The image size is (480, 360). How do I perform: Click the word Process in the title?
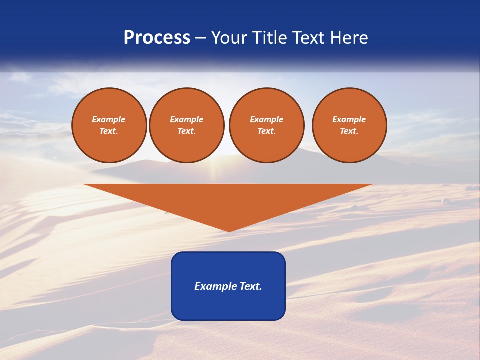(x=157, y=38)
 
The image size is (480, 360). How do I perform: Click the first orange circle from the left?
(x=109, y=125)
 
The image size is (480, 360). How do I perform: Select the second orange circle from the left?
(x=187, y=125)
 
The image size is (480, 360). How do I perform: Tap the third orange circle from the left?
(x=267, y=125)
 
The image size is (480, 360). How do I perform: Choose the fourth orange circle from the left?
(x=349, y=125)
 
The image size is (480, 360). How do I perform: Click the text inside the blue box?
(x=228, y=286)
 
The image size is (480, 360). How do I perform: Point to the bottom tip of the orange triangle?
(x=229, y=231)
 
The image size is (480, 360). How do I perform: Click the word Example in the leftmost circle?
(x=109, y=119)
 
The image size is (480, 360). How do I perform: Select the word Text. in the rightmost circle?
(x=349, y=131)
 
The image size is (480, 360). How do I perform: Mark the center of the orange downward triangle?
(x=228, y=200)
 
